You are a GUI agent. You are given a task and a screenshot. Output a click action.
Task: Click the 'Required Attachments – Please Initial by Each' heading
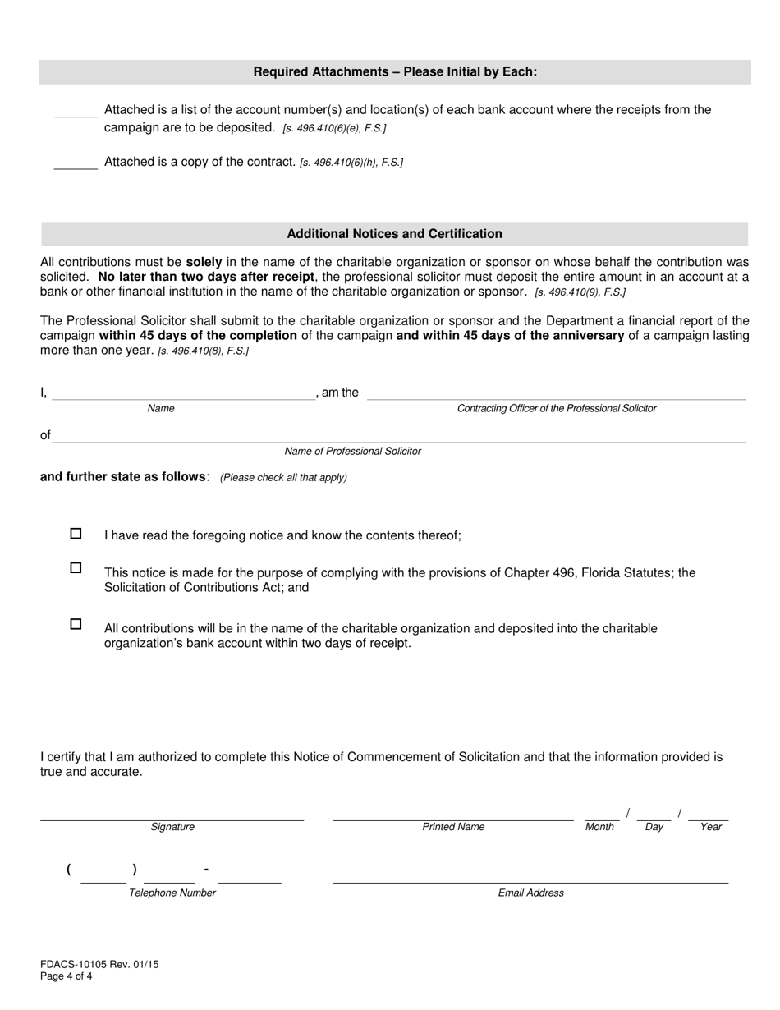pyautogui.click(x=395, y=72)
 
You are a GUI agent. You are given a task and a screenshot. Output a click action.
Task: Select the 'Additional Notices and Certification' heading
pyautogui.click(x=394, y=234)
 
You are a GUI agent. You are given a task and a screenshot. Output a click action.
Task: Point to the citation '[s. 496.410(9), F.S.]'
pyautogui.click(x=580, y=292)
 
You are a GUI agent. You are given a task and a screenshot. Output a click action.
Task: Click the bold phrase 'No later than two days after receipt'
pyautogui.click(x=205, y=277)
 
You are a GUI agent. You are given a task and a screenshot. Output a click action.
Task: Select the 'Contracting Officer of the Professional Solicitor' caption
pyautogui.click(x=557, y=408)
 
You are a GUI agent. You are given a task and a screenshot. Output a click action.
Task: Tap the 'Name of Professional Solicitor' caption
pyautogui.click(x=352, y=451)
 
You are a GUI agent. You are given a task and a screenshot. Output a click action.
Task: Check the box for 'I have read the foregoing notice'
pyautogui.click(x=76, y=534)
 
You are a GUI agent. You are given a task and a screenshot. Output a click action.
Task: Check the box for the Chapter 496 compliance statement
pyautogui.click(x=76, y=567)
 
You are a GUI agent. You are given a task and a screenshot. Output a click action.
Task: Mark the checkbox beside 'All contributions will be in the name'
pyautogui.click(x=76, y=624)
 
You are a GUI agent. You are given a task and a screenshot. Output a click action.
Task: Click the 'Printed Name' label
pyautogui.click(x=453, y=827)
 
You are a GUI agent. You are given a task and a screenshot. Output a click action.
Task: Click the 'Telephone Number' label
pyautogui.click(x=172, y=893)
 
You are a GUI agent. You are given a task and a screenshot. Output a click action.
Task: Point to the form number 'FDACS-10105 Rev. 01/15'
pyautogui.click(x=99, y=965)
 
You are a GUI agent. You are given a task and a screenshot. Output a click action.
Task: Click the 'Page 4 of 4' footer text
pyautogui.click(x=67, y=976)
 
